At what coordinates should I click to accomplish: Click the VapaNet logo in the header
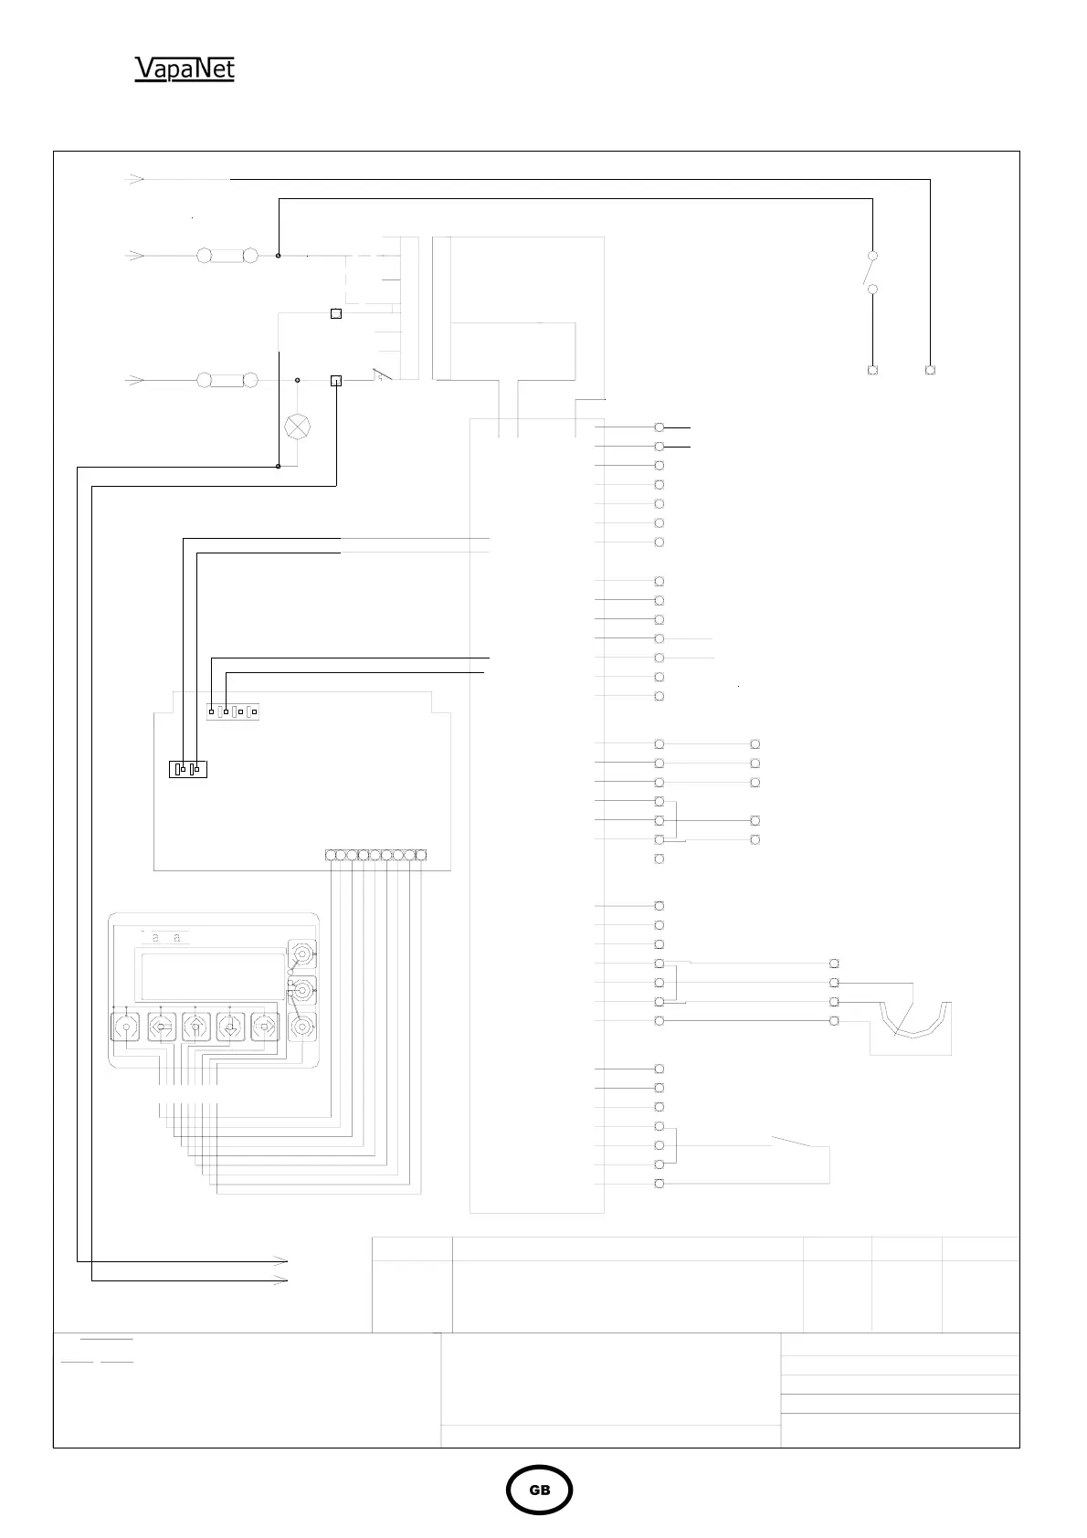pyautogui.click(x=185, y=69)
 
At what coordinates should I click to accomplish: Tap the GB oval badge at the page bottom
pyautogui.click(x=540, y=1490)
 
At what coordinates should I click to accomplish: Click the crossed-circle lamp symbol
pyautogui.click(x=298, y=426)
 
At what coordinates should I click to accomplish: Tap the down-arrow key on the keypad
pyautogui.click(x=229, y=1027)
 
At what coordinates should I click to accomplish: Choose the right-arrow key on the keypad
pyautogui.click(x=265, y=1027)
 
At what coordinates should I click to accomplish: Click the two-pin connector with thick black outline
pyautogui.click(x=189, y=769)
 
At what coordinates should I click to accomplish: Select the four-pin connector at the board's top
pyautogui.click(x=233, y=711)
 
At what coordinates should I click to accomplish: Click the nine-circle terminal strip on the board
pyautogui.click(x=375, y=855)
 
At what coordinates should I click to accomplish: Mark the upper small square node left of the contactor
pyautogui.click(x=335, y=313)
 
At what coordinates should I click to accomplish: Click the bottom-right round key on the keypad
pyautogui.click(x=301, y=1027)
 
